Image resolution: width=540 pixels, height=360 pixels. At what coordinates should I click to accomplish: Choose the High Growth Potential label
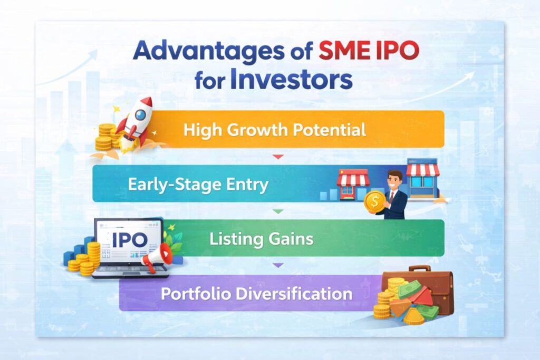point(274,130)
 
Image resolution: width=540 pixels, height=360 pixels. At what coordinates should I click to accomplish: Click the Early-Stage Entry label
point(198,184)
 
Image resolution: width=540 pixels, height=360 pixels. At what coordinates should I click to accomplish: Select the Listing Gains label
point(261,239)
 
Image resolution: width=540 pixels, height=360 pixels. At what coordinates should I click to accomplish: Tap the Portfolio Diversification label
point(256,293)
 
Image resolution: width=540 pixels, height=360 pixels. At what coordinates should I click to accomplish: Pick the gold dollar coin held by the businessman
point(374,201)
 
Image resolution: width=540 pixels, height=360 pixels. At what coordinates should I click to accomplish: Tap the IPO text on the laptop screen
point(129,240)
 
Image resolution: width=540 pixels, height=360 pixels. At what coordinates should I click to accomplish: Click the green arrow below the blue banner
point(278,210)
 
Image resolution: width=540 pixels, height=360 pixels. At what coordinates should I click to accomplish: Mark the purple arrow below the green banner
point(278,265)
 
